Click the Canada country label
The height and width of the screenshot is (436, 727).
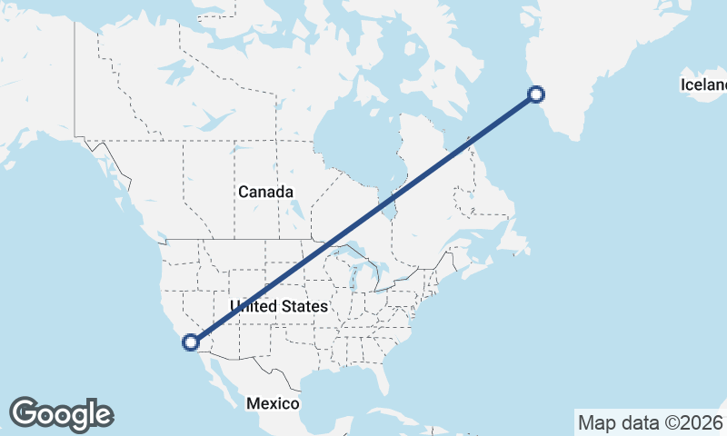265,192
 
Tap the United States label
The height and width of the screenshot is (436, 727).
278,306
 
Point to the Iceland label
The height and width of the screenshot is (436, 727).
705,85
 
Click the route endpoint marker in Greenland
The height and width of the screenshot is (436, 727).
536,94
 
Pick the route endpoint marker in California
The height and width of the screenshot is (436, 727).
191,342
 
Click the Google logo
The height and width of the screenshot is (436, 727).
61,414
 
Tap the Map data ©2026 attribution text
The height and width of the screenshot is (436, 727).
649,421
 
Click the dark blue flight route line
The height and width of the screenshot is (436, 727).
363,218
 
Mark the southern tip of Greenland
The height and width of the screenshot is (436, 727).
575,138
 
